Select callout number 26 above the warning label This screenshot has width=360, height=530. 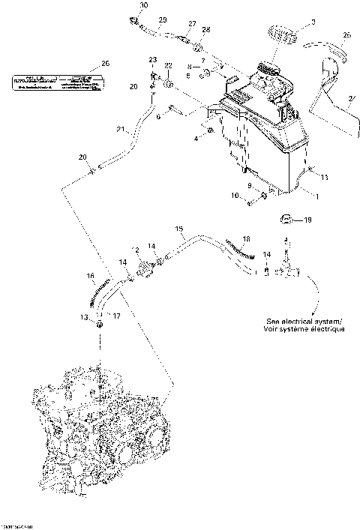coord(105,64)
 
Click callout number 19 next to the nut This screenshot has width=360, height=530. coord(306,220)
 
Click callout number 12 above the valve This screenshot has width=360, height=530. coord(136,249)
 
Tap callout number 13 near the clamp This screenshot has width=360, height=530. coord(84,318)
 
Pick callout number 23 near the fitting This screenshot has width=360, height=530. coord(152,59)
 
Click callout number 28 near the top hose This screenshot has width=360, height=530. coord(206,29)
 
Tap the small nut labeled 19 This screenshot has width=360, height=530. coord(285,220)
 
